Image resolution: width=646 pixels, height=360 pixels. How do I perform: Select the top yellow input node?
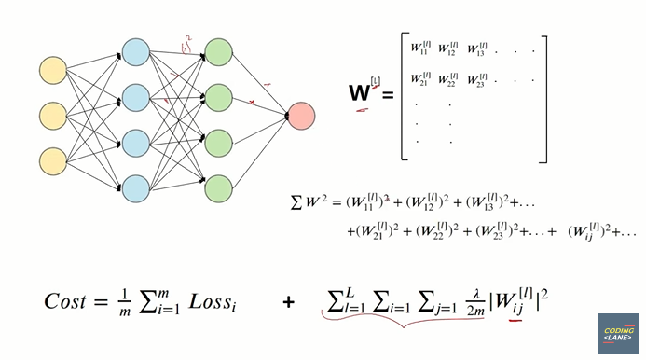[x=54, y=70]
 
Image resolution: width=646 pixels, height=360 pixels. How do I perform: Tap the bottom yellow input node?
[x=54, y=159]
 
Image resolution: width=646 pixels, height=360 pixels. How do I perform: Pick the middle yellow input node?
[x=54, y=116]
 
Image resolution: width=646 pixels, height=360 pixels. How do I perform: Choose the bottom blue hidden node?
[x=136, y=187]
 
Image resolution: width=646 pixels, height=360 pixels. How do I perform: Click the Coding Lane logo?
[x=618, y=333]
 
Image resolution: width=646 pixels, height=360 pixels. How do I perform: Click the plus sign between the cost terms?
[x=288, y=301]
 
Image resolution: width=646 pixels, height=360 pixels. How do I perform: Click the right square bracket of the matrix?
[x=544, y=98]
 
